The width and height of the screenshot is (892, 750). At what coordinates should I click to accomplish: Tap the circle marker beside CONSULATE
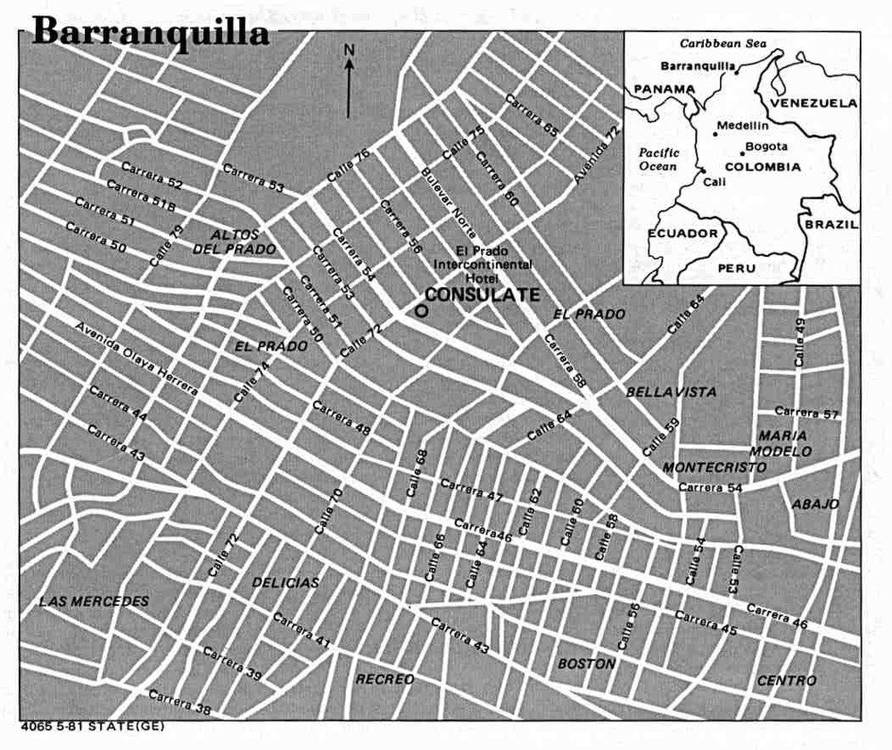click(421, 311)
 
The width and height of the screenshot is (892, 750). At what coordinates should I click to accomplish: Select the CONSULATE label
click(482, 294)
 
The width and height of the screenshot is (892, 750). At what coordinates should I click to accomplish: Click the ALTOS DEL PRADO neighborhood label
click(235, 242)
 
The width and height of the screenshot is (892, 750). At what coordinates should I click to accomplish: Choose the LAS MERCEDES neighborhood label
click(94, 601)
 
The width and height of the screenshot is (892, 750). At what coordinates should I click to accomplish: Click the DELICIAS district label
click(285, 582)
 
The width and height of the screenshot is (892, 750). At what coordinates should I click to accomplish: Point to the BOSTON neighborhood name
click(586, 663)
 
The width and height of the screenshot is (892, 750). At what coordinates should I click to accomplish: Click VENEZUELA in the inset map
click(813, 103)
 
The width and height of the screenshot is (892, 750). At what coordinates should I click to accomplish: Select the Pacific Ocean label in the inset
click(659, 159)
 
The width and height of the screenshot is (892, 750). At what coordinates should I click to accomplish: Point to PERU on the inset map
click(736, 268)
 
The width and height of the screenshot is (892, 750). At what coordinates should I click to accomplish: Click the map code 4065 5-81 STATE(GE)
click(93, 726)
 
